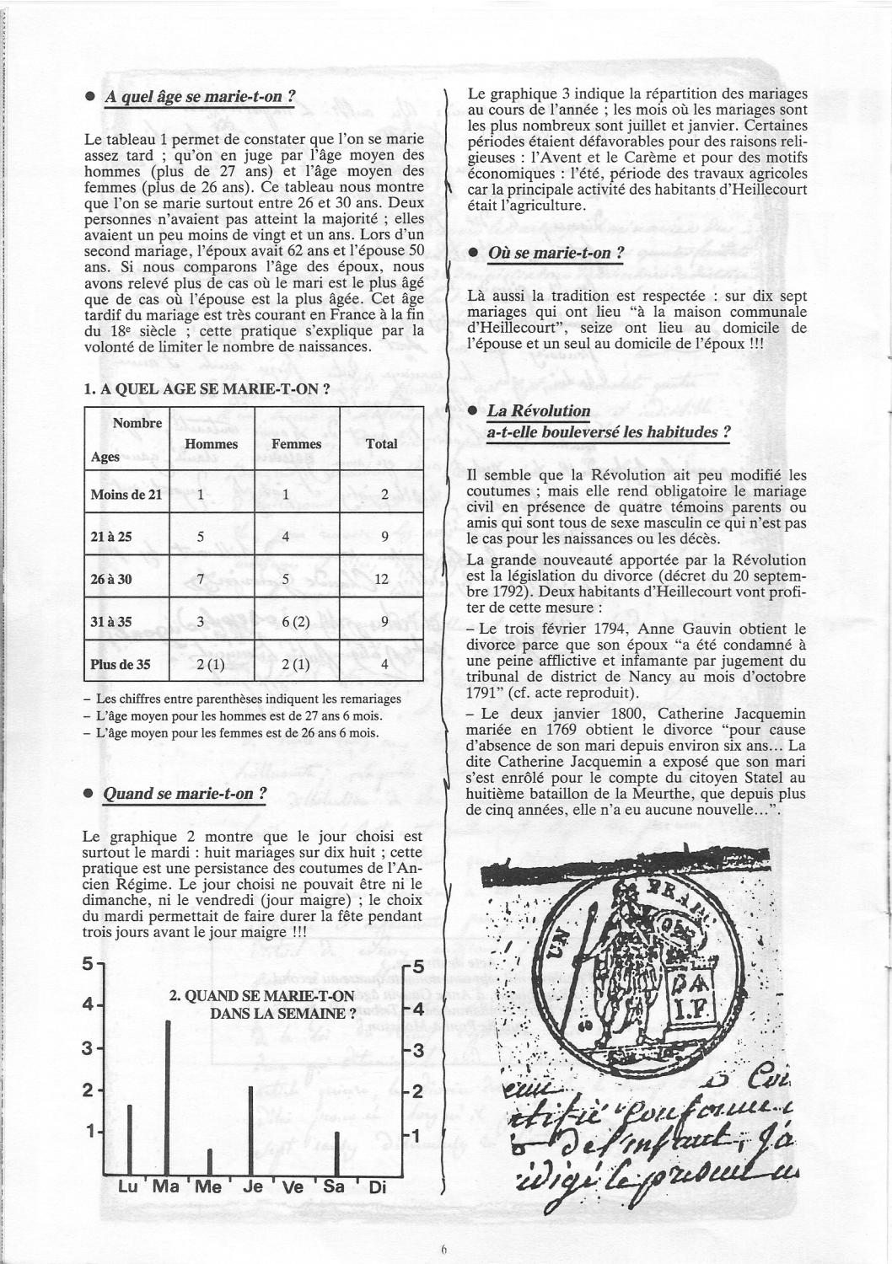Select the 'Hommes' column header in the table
pyautogui.click(x=211, y=444)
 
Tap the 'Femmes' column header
pyautogui.click(x=297, y=444)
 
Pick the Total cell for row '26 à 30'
pyautogui.click(x=381, y=580)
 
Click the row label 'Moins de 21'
pyautogui.click(x=126, y=495)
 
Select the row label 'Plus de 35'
pyautogui.click(x=121, y=664)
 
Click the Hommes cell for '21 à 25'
pyautogui.click(x=201, y=536)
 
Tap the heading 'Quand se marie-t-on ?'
pyautogui.click(x=185, y=794)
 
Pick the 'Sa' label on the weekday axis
pyautogui.click(x=336, y=1186)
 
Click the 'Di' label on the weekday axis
pyautogui.click(x=378, y=1187)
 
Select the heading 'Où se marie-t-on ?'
pyautogui.click(x=556, y=254)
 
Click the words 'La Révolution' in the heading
pyautogui.click(x=539, y=410)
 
